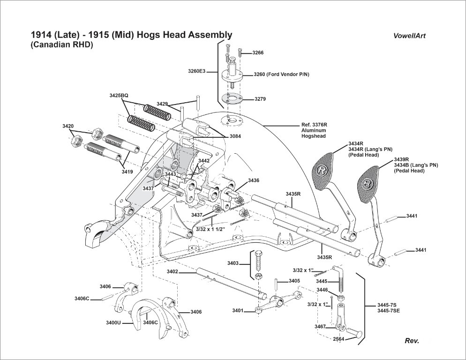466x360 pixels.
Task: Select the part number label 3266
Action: coord(258,53)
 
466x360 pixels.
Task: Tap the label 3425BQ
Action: coord(119,95)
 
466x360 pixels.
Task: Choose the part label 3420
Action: coord(68,127)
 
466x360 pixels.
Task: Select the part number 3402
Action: coord(172,271)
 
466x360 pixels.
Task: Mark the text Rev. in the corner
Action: coord(412,341)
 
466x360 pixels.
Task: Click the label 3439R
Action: coord(401,159)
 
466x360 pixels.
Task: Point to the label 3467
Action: coord(320,326)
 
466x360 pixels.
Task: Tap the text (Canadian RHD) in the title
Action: coord(62,45)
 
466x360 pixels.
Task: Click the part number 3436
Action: coord(254,180)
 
